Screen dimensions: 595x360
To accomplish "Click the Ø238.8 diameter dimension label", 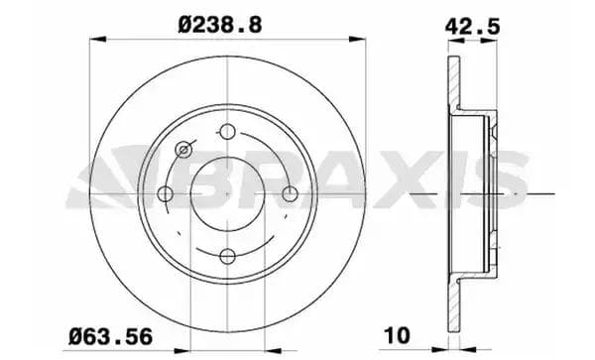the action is click(220, 25).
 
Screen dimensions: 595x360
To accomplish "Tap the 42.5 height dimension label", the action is click(472, 27).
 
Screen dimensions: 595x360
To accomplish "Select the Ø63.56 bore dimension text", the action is click(110, 336).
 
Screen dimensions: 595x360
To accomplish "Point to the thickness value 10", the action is click(398, 335).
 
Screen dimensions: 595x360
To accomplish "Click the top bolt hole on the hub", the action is click(228, 132).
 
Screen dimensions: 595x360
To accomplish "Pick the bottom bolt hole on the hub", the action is click(228, 257).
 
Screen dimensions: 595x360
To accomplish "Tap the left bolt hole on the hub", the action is click(165, 193).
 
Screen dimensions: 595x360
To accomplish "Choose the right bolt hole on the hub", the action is click(291, 193).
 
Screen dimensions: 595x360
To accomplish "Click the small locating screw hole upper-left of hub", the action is click(183, 150).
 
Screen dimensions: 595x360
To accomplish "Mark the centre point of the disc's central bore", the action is click(228, 193).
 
